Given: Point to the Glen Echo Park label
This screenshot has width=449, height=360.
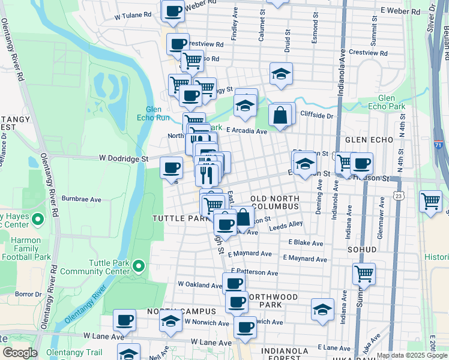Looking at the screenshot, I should (387, 103).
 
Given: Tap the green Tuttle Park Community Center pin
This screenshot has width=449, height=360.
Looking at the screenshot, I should (139, 265).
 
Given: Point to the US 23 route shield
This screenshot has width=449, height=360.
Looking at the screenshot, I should (398, 196).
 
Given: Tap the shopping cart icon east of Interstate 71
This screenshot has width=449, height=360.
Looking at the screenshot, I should (430, 201).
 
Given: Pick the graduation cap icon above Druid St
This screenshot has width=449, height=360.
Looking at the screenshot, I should (280, 74).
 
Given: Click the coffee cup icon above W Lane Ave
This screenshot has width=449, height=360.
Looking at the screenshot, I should (125, 320).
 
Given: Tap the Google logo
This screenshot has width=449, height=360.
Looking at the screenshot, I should (20, 353).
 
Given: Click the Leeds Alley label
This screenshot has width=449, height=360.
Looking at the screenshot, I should (286, 226).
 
